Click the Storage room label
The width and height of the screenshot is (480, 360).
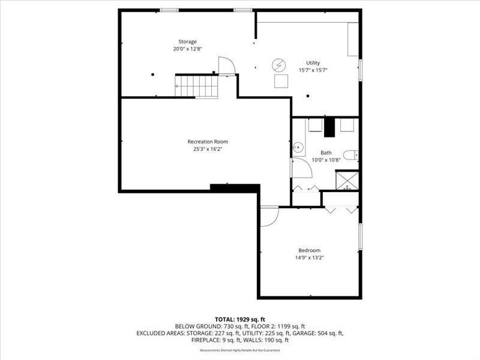click(x=187, y=41)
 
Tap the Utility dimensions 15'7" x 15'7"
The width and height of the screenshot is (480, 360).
click(x=313, y=70)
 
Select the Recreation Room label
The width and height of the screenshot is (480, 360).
click(x=207, y=142)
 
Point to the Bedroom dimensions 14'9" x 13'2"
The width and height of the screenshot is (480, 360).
click(x=309, y=257)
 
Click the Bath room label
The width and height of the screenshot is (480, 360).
click(x=325, y=153)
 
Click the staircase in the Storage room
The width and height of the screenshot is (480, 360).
click(x=196, y=85)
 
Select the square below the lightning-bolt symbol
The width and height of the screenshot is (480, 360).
click(x=281, y=81)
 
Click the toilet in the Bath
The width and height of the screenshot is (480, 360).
click(x=352, y=155)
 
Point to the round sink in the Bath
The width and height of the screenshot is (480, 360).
click(x=297, y=147)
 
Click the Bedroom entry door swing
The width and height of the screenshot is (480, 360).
click(x=268, y=216)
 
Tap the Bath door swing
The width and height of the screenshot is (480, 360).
click(x=301, y=169)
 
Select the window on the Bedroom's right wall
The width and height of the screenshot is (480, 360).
click(x=360, y=237)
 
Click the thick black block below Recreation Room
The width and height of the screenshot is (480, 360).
click(x=235, y=188)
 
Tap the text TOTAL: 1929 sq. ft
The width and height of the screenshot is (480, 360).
click(x=240, y=319)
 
